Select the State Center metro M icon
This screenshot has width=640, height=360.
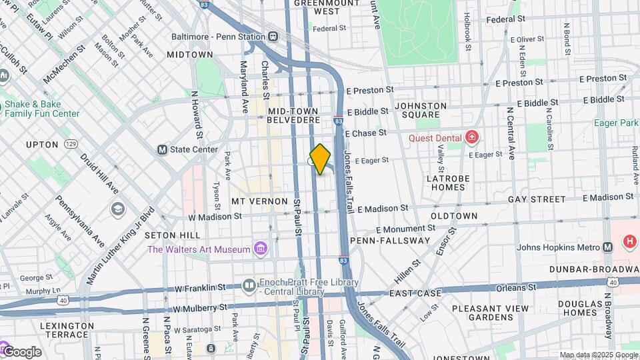coord(162,149)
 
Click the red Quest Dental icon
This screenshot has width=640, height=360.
coord(472,138)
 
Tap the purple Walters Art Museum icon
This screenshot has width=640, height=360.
coord(261,250)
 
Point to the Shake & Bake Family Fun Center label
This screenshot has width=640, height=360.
coord(41,109)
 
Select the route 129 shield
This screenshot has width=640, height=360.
coord(71,144)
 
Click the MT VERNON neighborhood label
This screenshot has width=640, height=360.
coord(259,201)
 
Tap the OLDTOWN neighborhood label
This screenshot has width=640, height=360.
coord(454,216)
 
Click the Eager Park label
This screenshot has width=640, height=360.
coord(616,123)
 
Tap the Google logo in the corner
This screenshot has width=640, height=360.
coord(21,351)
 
